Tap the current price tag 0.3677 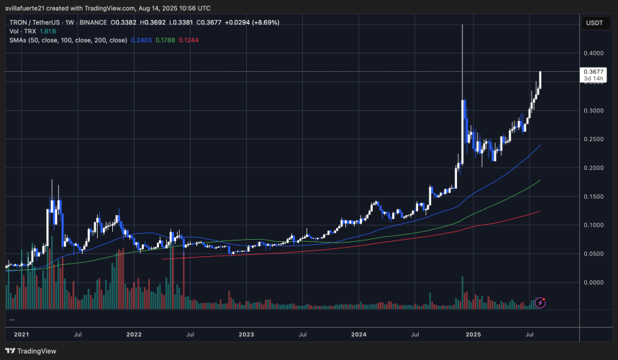tap(594, 71)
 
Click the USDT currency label tap(594, 23)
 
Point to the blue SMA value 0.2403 tap(142, 40)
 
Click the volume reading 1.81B tap(47, 32)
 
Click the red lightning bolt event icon tap(542, 303)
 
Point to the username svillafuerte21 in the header tap(27, 7)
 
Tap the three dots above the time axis tap(12, 318)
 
